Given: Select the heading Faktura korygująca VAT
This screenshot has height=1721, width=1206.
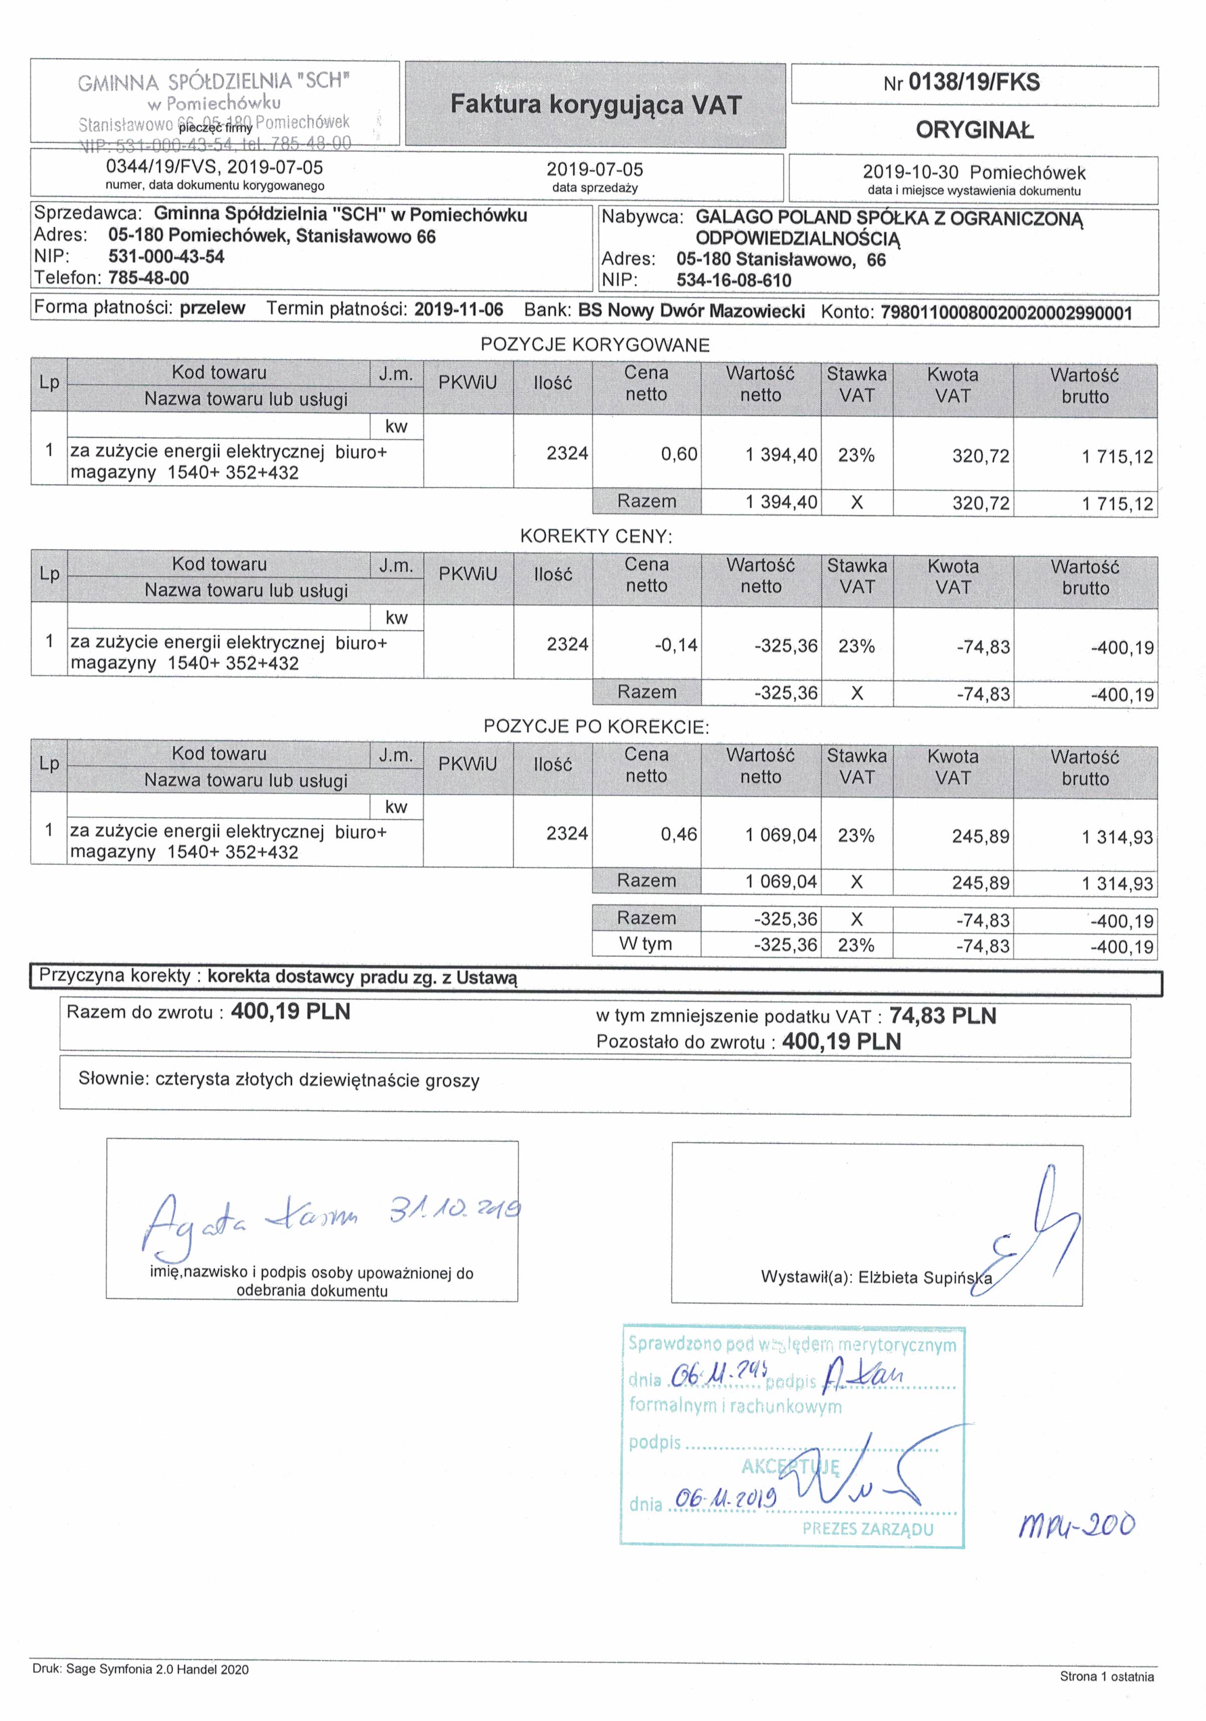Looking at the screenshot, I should click(595, 105).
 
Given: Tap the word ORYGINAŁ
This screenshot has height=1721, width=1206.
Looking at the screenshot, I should click(974, 130).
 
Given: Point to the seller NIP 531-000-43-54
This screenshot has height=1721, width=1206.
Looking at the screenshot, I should click(166, 257).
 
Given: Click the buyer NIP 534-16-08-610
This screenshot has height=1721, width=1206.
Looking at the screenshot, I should click(734, 281).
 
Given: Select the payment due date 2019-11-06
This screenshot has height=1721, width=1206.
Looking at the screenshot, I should click(459, 309).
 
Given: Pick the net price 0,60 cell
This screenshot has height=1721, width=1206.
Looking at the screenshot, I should click(678, 454).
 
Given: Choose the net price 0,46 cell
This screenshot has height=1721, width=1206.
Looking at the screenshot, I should click(678, 834).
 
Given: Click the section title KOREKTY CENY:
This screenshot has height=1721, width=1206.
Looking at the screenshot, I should click(596, 537).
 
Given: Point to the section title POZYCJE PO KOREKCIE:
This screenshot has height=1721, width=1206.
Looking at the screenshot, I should click(596, 727).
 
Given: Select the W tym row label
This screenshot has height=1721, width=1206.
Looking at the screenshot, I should click(645, 944).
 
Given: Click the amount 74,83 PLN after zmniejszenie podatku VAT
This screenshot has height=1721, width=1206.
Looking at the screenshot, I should click(942, 1016).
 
